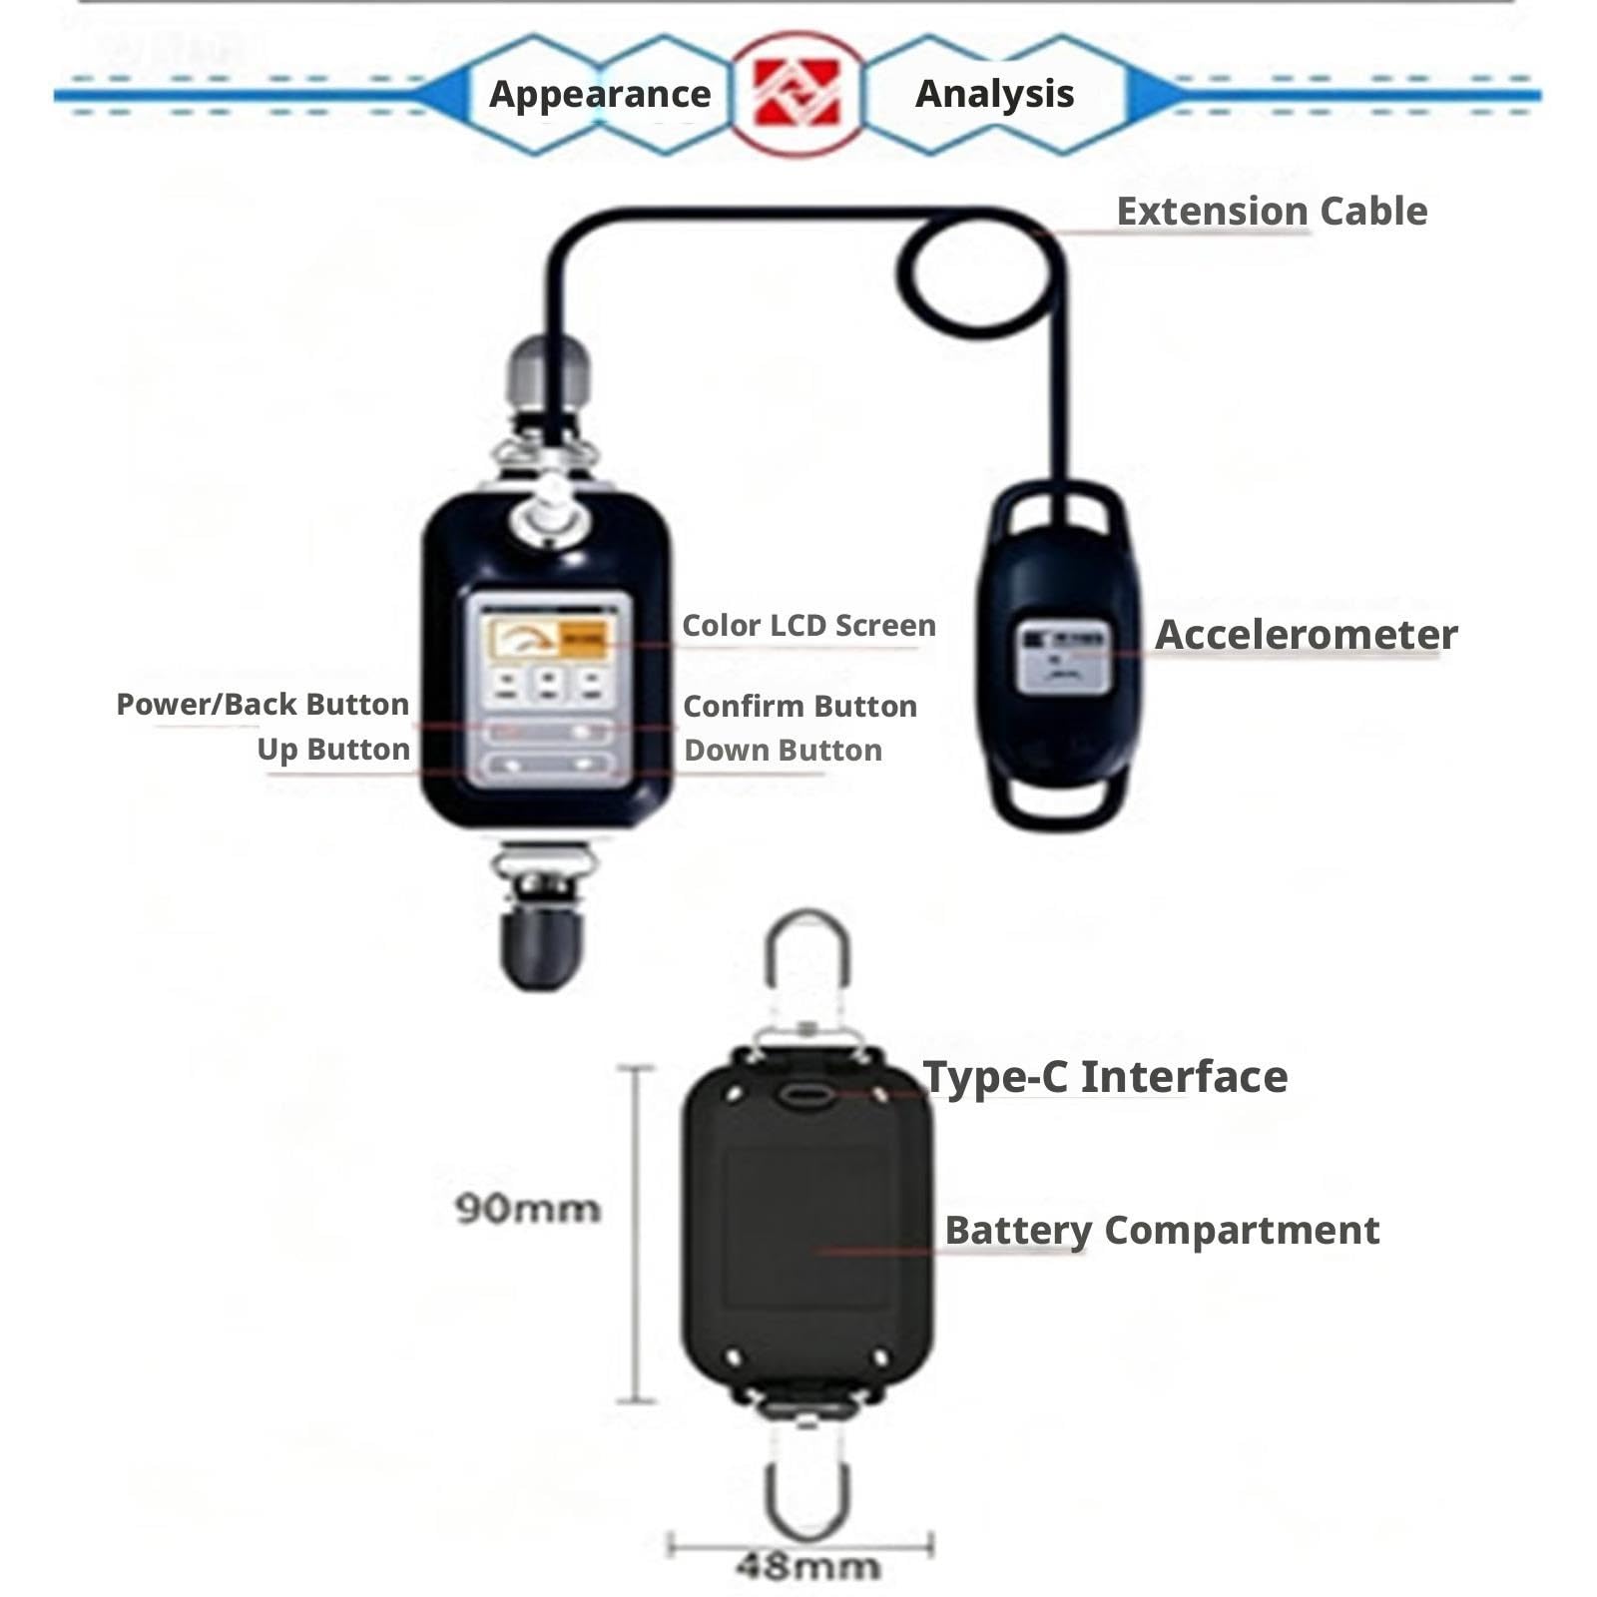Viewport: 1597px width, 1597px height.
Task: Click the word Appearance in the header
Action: pyautogui.click(x=600, y=94)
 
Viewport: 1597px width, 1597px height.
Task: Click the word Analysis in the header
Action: pyautogui.click(x=994, y=94)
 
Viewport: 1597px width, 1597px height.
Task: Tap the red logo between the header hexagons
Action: pyautogui.click(x=796, y=93)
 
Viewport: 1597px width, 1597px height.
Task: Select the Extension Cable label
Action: pyautogui.click(x=1272, y=212)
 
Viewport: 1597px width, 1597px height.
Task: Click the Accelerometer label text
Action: pyautogui.click(x=1306, y=635)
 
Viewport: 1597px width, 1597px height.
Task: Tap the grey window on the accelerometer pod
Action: pyautogui.click(x=1063, y=656)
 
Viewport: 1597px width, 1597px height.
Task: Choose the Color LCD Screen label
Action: pyautogui.click(x=808, y=626)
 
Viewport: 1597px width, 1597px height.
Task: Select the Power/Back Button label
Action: pyautogui.click(x=263, y=705)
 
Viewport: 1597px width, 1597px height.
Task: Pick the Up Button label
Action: pyautogui.click(x=333, y=750)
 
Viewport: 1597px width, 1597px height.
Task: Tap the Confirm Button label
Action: pyautogui.click(x=799, y=707)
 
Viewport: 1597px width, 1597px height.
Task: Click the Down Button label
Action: pyautogui.click(x=783, y=751)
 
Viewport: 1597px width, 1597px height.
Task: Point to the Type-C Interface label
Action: pyautogui.click(x=1105, y=1077)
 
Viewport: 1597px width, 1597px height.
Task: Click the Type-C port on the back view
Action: pyautogui.click(x=806, y=1095)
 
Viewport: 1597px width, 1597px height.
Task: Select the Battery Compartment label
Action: pyautogui.click(x=1162, y=1231)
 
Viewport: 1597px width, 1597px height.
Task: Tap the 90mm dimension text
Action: pyautogui.click(x=528, y=1209)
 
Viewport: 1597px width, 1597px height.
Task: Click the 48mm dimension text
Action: pyautogui.click(x=808, y=1566)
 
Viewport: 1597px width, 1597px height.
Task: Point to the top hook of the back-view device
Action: pyautogui.click(x=768, y=958)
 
